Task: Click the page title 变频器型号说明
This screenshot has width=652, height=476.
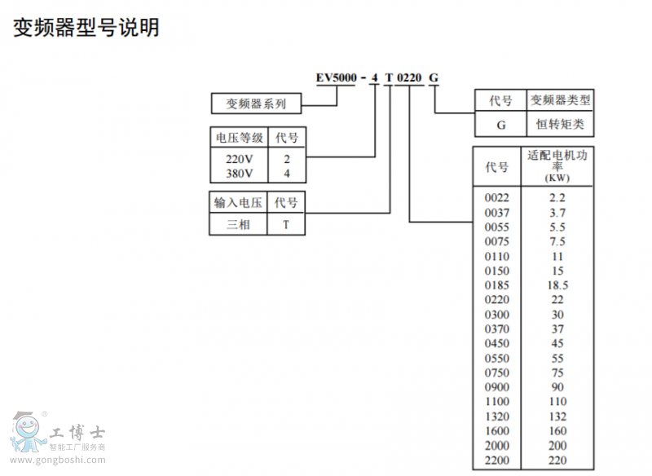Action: point(86,28)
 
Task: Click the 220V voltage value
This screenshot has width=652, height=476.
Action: point(239,160)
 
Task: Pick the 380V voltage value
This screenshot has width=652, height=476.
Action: point(239,174)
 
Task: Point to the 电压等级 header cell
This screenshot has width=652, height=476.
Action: point(239,138)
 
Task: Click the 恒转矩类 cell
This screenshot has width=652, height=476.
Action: point(560,125)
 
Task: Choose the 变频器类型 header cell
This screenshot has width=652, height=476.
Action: point(560,101)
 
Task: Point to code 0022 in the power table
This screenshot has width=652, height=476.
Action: point(496,198)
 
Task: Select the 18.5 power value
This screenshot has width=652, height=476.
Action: point(557,285)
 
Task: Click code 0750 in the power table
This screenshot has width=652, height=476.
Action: point(496,373)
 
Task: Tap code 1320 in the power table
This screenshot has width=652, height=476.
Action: point(496,416)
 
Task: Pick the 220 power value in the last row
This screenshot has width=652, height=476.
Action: point(557,461)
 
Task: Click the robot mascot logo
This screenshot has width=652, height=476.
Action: point(28,432)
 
